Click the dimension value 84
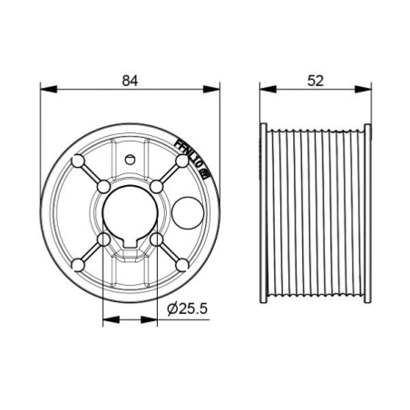pyautogui.click(x=130, y=80)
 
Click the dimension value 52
pyautogui.click(x=315, y=80)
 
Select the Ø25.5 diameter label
pyautogui.click(x=189, y=309)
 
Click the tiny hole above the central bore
pyautogui.click(x=131, y=160)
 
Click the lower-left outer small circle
pyautogui.click(x=79, y=264)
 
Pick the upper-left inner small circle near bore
pyautogui.click(x=105, y=186)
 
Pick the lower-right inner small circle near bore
pyautogui.click(x=157, y=239)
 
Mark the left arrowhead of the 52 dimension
pyautogui.click(x=265, y=89)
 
